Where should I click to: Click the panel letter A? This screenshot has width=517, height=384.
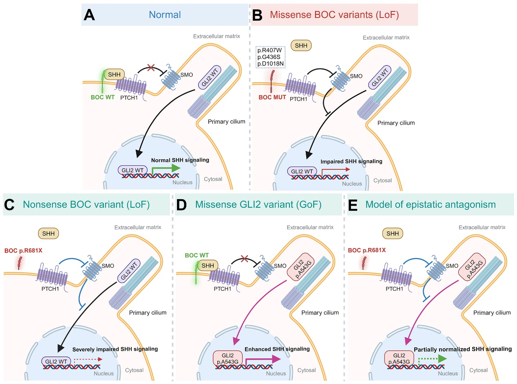(x=90, y=15)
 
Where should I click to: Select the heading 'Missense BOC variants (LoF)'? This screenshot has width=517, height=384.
(x=334, y=15)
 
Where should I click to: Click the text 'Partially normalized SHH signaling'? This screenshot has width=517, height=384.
(x=462, y=349)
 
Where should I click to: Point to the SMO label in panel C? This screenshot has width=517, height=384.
(x=108, y=266)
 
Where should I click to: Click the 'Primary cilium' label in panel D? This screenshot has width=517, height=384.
(x=320, y=313)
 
